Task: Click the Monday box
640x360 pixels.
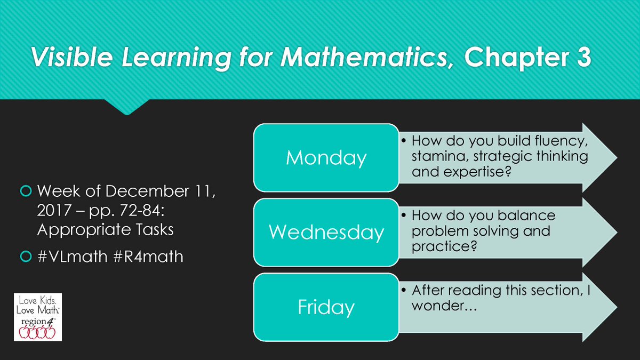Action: (326, 158)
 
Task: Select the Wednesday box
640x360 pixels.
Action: (326, 232)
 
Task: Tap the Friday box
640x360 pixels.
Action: (326, 307)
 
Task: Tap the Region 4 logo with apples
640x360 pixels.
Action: (38, 317)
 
